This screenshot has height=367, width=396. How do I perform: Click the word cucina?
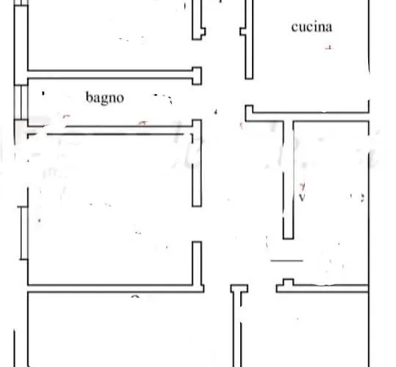pyautogui.click(x=312, y=27)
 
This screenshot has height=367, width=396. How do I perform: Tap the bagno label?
pyautogui.click(x=105, y=98)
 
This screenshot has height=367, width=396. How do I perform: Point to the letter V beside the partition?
pyautogui.click(x=302, y=197)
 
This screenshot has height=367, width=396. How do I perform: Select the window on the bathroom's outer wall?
pyautogui.click(x=21, y=102)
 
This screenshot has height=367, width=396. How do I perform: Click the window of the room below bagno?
pyautogui.click(x=24, y=233)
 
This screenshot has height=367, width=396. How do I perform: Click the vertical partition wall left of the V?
pyautogui.click(x=288, y=180)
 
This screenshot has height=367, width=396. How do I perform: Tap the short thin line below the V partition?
pyautogui.click(x=287, y=261)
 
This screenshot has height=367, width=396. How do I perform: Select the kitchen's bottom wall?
pyautogui.click(x=307, y=117)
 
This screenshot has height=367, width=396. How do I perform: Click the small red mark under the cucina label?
pyautogui.click(x=328, y=47)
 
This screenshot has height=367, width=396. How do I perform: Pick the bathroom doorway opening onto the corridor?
pyautogui.click(x=197, y=102)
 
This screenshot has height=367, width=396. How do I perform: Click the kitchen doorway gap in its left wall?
pyautogui.click(x=249, y=92)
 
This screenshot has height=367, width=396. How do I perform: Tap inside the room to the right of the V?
pyautogui.click(x=331, y=202)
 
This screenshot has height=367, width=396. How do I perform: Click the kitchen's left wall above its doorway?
pyautogui.click(x=248, y=40)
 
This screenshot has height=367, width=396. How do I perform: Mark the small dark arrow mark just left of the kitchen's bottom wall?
pyautogui.click(x=216, y=112)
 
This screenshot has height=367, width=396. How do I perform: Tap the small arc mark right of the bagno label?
pyautogui.click(x=163, y=98)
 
